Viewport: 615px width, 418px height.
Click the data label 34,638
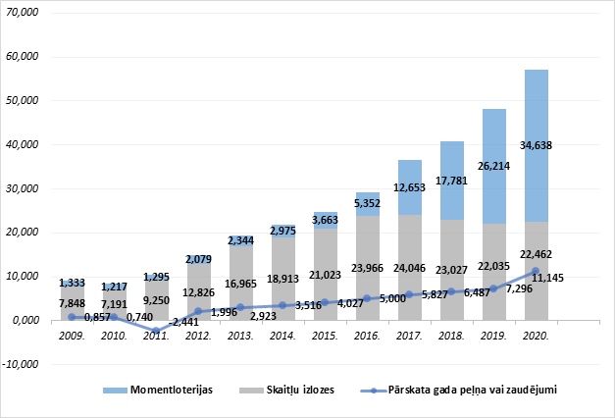click(x=536, y=145)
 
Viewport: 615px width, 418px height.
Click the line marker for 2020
click(x=536, y=271)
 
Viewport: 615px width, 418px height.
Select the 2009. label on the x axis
click(x=71, y=336)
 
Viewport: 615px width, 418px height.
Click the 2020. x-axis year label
click(x=536, y=336)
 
